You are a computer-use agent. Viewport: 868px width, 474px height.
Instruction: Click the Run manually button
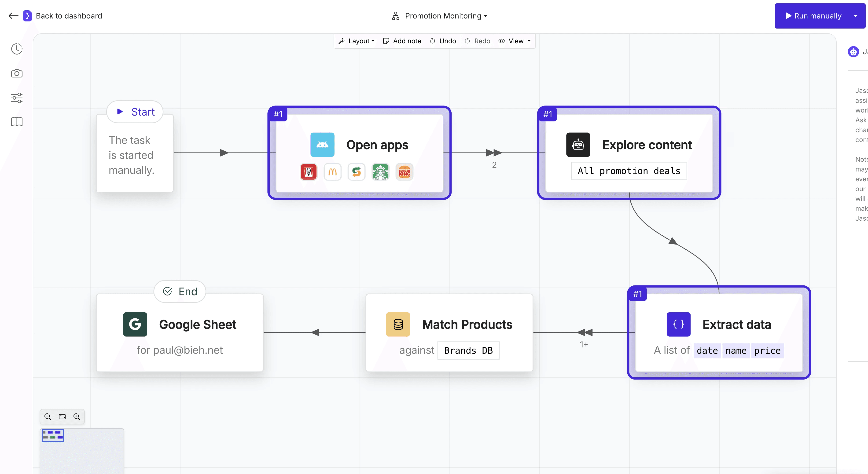pos(813,16)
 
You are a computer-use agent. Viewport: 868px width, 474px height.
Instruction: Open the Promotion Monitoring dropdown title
pos(443,16)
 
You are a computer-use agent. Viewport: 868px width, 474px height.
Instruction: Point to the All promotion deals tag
pos(629,171)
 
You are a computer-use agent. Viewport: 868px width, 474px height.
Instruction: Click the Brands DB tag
pos(468,351)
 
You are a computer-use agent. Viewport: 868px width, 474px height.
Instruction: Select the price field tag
pos(767,351)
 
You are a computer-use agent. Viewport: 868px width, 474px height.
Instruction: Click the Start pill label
pos(135,112)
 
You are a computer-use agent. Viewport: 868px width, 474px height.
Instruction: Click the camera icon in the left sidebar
pos(17,73)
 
